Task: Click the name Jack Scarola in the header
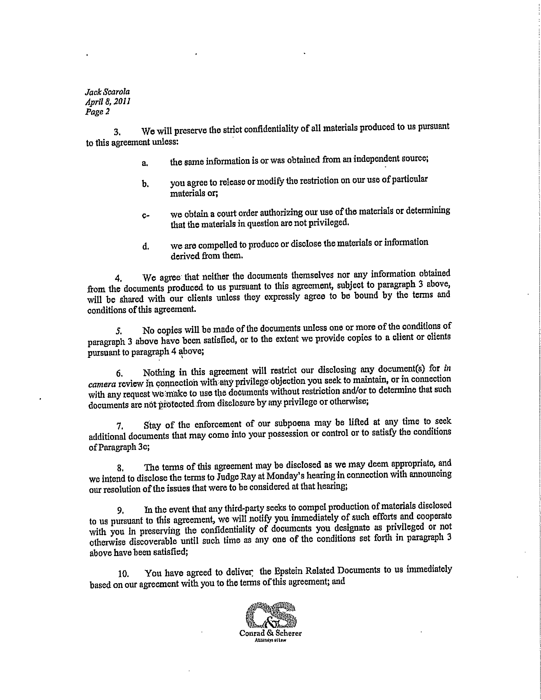[x=107, y=92]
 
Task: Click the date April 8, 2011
[x=107, y=102]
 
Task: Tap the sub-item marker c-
[x=145, y=215]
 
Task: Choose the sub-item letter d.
[x=145, y=246]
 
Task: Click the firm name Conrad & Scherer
[x=270, y=633]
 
